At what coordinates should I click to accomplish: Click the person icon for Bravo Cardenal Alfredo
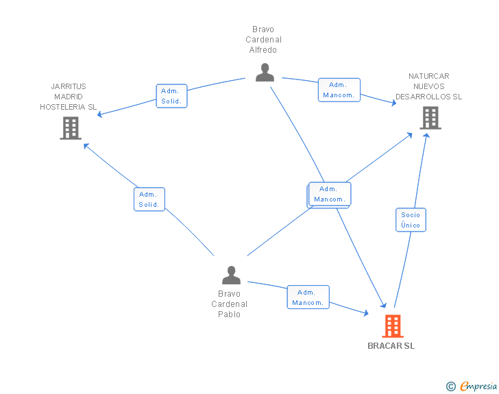click(x=265, y=72)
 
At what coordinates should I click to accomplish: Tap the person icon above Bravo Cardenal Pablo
click(x=232, y=275)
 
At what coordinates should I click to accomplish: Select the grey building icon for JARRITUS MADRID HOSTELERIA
click(x=71, y=128)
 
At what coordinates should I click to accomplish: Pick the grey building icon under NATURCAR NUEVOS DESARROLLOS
click(x=430, y=118)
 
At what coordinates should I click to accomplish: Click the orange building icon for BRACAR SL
click(x=392, y=326)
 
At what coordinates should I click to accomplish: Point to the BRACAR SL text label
click(x=391, y=346)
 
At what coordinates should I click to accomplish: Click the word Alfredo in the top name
click(x=263, y=50)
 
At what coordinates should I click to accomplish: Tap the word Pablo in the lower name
click(x=229, y=315)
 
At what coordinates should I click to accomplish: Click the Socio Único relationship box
click(x=411, y=220)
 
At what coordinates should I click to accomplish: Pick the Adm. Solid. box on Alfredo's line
click(x=171, y=96)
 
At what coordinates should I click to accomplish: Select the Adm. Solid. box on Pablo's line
click(x=149, y=199)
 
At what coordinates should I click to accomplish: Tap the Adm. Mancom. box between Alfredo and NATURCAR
click(x=339, y=90)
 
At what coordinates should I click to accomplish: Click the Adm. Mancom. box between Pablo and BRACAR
click(x=308, y=297)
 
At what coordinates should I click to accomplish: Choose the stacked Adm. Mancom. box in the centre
click(x=329, y=195)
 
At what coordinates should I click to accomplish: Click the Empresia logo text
click(x=478, y=386)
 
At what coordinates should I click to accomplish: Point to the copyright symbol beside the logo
click(x=451, y=387)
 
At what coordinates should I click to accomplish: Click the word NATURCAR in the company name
click(x=428, y=76)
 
